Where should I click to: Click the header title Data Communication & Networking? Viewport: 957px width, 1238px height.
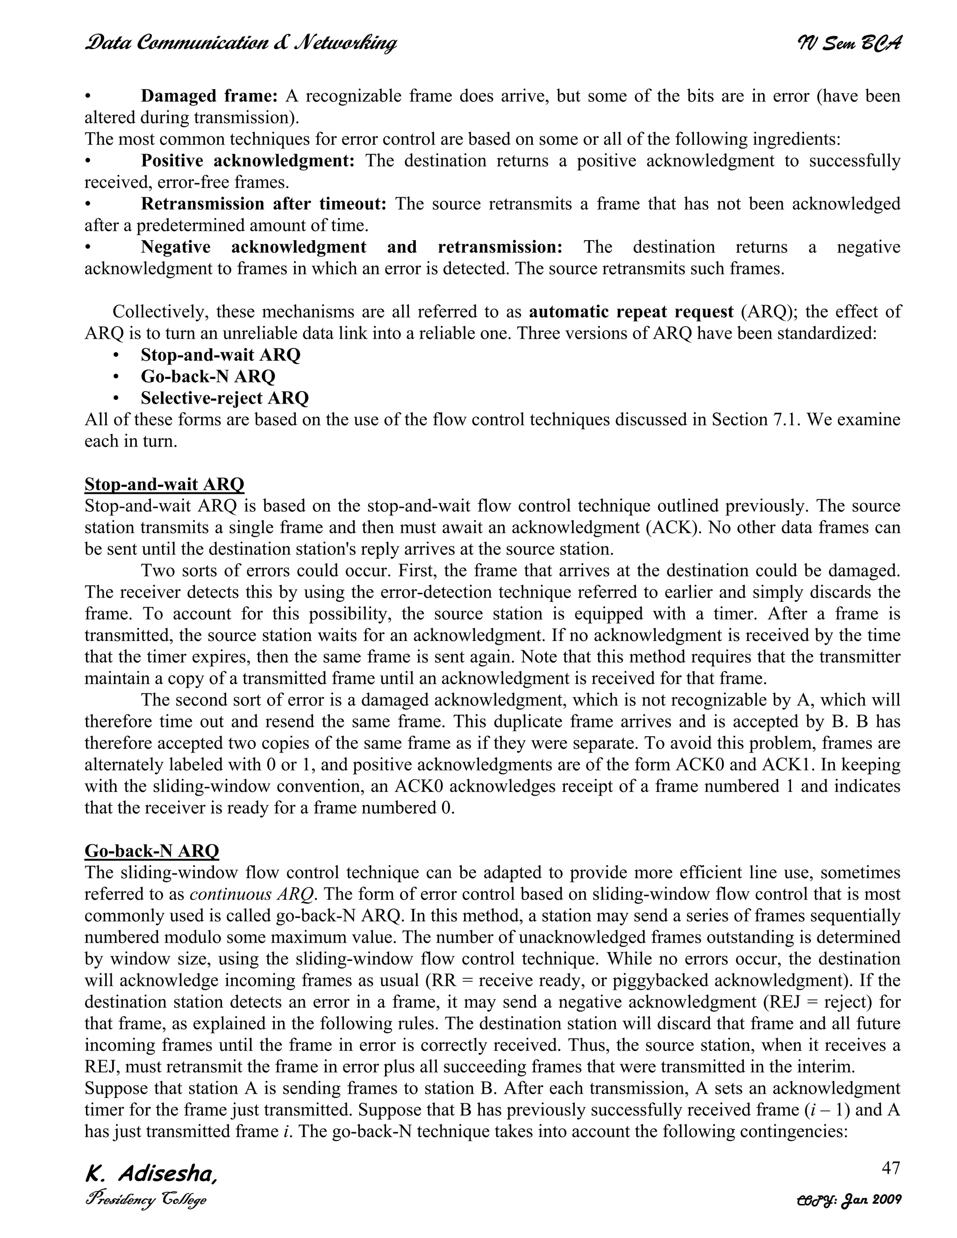tap(241, 43)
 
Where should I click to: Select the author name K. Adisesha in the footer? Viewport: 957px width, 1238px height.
tap(151, 1174)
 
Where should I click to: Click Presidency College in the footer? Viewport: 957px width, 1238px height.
tap(146, 1200)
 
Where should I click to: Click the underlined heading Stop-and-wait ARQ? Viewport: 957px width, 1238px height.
tap(164, 484)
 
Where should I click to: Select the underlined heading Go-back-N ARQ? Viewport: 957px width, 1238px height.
tap(152, 851)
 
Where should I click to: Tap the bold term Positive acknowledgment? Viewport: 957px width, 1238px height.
tap(248, 161)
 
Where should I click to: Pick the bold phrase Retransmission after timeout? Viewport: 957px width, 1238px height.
tap(264, 204)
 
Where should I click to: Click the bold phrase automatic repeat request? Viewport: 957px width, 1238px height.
tap(631, 312)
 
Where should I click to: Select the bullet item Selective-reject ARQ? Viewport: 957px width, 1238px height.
tap(224, 398)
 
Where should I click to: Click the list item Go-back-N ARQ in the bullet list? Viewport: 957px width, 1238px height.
tap(208, 377)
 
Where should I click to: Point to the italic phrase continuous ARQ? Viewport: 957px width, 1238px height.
tap(252, 894)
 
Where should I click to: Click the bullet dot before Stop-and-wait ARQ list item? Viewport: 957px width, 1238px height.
tap(116, 356)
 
